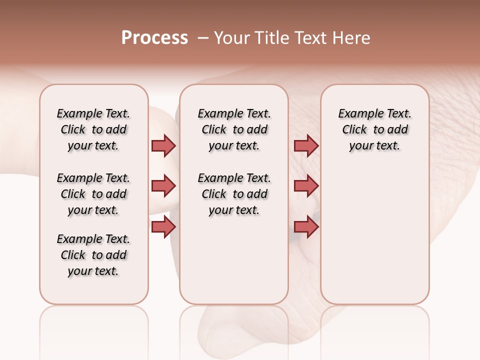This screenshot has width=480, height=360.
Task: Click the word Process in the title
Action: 154,38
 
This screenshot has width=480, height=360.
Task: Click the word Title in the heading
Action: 275,38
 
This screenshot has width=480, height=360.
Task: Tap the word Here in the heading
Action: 352,38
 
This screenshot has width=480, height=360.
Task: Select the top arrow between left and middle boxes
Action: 163,145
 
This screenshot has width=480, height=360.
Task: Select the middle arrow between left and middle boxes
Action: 163,186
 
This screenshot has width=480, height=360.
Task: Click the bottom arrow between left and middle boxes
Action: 163,227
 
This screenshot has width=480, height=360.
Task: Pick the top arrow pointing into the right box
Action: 306,145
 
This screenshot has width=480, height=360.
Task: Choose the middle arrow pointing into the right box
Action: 306,186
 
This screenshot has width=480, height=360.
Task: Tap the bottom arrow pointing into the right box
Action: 306,227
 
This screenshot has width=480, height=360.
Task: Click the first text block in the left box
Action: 93,129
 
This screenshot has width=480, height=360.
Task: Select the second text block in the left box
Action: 93,194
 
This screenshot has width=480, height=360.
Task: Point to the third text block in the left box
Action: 93,255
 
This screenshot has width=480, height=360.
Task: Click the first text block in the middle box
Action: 234,129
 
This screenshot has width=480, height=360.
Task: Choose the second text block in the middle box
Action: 234,194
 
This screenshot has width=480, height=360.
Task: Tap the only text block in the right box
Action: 374,129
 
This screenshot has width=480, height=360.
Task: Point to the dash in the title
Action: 203,38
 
